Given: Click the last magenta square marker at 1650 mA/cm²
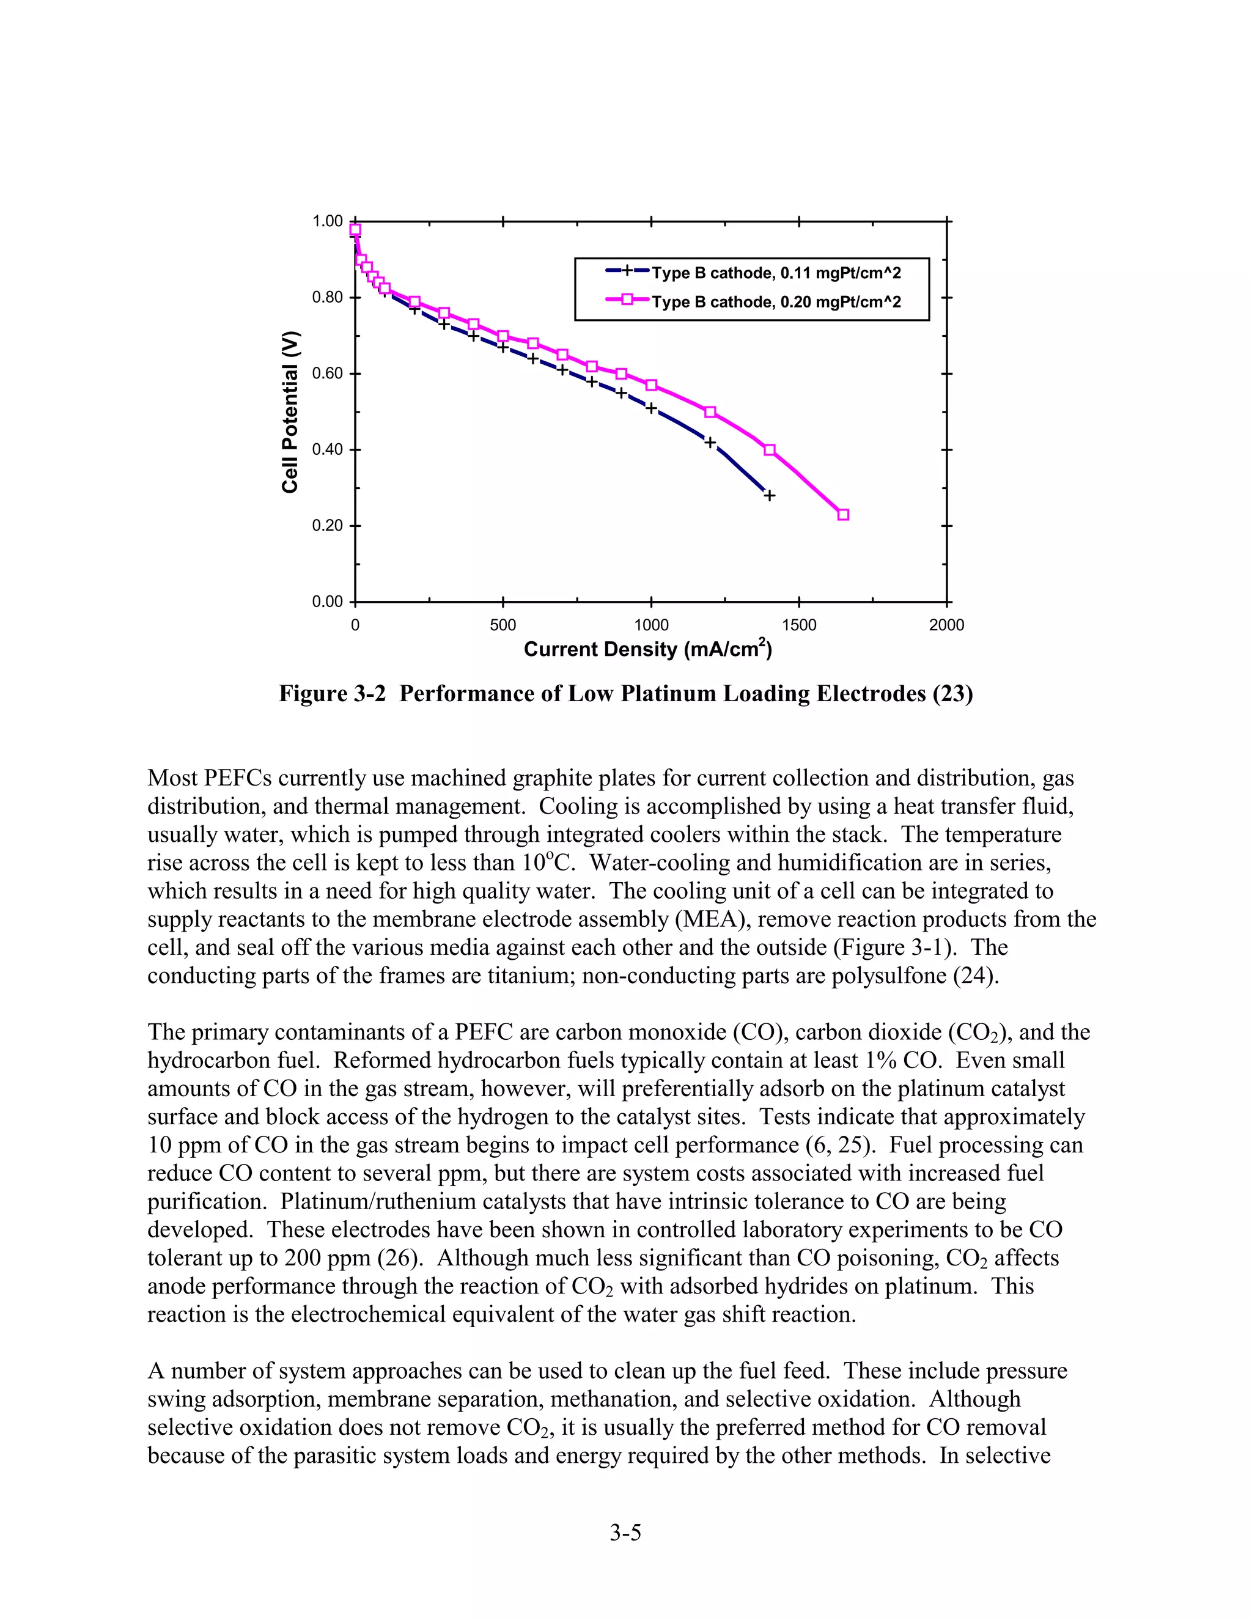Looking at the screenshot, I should [x=842, y=515].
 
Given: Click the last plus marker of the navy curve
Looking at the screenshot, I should [x=769, y=496].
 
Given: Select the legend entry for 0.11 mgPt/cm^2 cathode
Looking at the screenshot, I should [x=776, y=273].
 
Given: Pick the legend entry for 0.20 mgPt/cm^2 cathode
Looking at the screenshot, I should [x=776, y=302].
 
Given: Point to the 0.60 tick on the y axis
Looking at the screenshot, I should [x=327, y=374].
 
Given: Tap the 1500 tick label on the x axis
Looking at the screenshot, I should [x=799, y=625].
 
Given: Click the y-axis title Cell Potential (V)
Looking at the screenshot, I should [x=290, y=411].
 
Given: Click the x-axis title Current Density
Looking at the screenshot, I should [x=647, y=650].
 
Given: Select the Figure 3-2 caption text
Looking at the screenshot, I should [x=625, y=694].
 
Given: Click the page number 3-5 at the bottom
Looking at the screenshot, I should [x=625, y=1532].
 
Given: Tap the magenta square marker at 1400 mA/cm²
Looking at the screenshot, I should [x=769, y=451].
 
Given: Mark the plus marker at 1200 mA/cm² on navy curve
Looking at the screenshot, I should [x=710, y=443].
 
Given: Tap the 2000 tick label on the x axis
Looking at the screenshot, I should [x=946, y=625].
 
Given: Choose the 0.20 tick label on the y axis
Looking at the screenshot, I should [x=327, y=526].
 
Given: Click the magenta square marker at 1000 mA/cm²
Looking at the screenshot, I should [x=651, y=385].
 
